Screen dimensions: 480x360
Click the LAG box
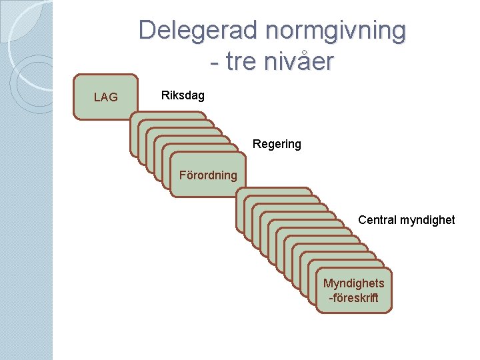click(x=105, y=97)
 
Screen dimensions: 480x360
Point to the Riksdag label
click(x=183, y=96)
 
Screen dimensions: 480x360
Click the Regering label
click(x=277, y=144)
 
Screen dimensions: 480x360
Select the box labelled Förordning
click(x=207, y=175)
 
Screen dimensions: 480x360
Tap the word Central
click(x=378, y=219)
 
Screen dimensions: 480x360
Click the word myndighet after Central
click(x=427, y=219)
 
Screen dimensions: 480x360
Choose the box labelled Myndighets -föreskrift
click(x=354, y=291)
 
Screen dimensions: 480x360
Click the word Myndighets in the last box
click(x=354, y=283)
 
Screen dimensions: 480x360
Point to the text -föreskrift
click(x=354, y=298)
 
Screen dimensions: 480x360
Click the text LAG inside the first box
click(x=105, y=97)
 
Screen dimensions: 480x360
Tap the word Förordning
click(x=207, y=175)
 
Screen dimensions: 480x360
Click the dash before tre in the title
click(x=213, y=63)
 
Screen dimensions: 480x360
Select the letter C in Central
click(x=362, y=219)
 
